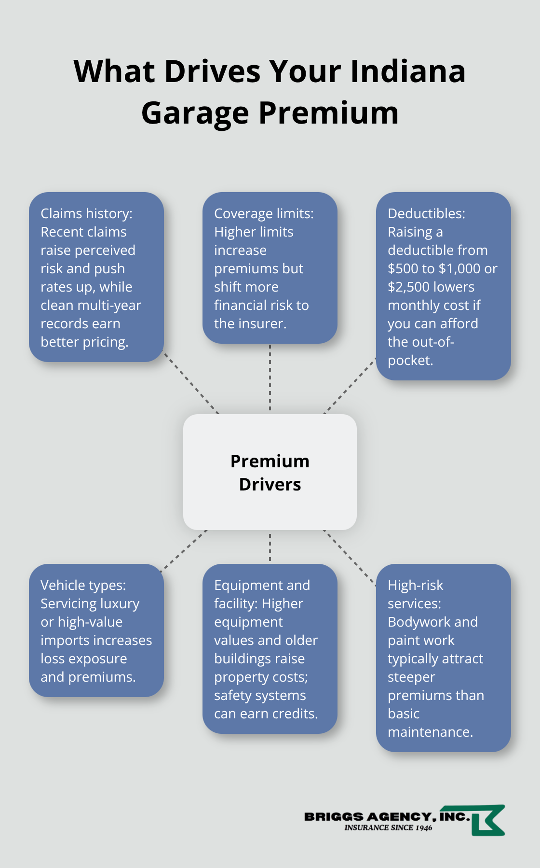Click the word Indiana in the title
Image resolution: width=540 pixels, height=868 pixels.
pos(407,71)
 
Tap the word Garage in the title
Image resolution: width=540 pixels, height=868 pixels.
pos(195,113)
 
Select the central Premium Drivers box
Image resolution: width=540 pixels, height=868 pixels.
pos(270,472)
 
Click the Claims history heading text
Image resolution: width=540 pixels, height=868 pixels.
pos(86,213)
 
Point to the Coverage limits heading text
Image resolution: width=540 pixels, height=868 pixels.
pos(264,213)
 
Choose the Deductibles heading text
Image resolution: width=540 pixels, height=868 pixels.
pos(426,213)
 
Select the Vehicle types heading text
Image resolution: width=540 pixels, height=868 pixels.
pos(83,585)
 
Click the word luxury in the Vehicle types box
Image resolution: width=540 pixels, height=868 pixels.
pos(120,603)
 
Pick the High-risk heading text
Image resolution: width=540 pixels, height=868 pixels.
pos(415,585)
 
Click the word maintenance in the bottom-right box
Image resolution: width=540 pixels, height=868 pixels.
pos(430,732)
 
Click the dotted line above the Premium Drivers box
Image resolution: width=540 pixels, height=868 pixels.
pos(270,379)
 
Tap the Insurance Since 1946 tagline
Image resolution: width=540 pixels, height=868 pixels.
pos(388,828)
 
